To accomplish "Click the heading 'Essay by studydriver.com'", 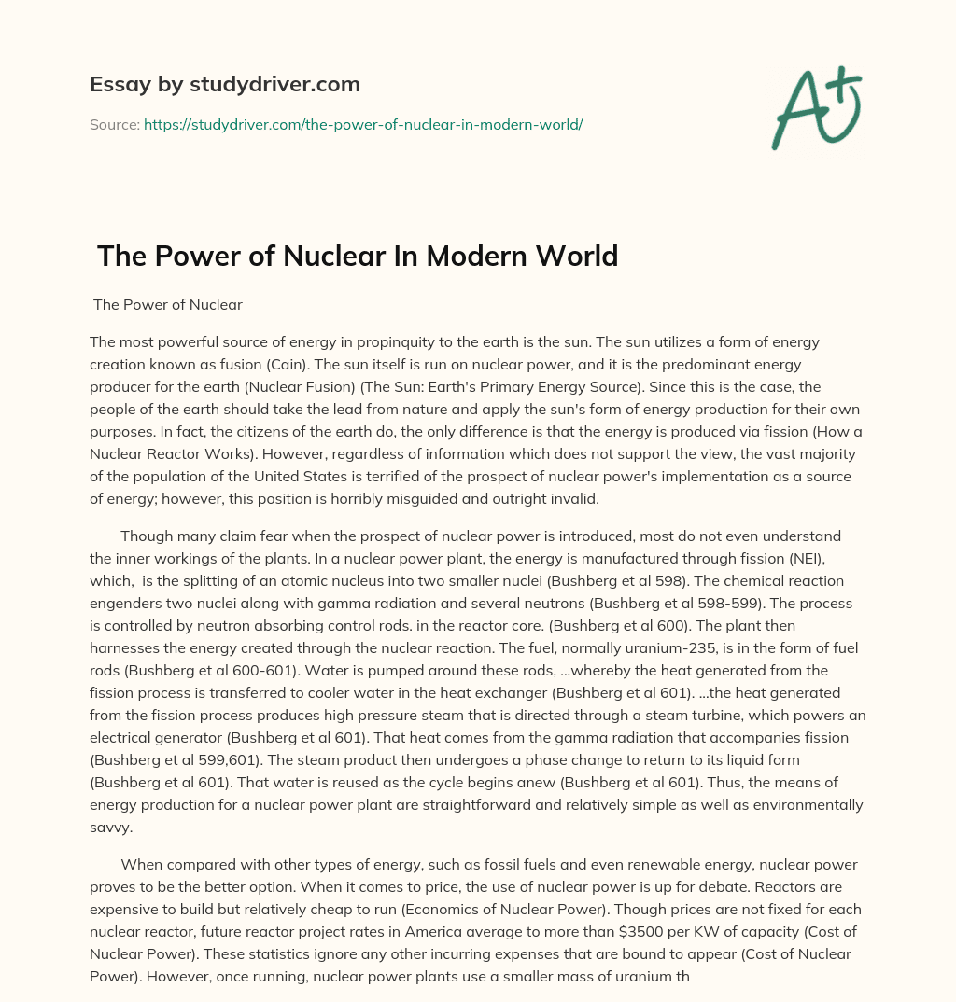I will point(225,84).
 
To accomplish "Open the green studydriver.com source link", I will point(363,124).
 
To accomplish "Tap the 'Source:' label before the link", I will point(115,124).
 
